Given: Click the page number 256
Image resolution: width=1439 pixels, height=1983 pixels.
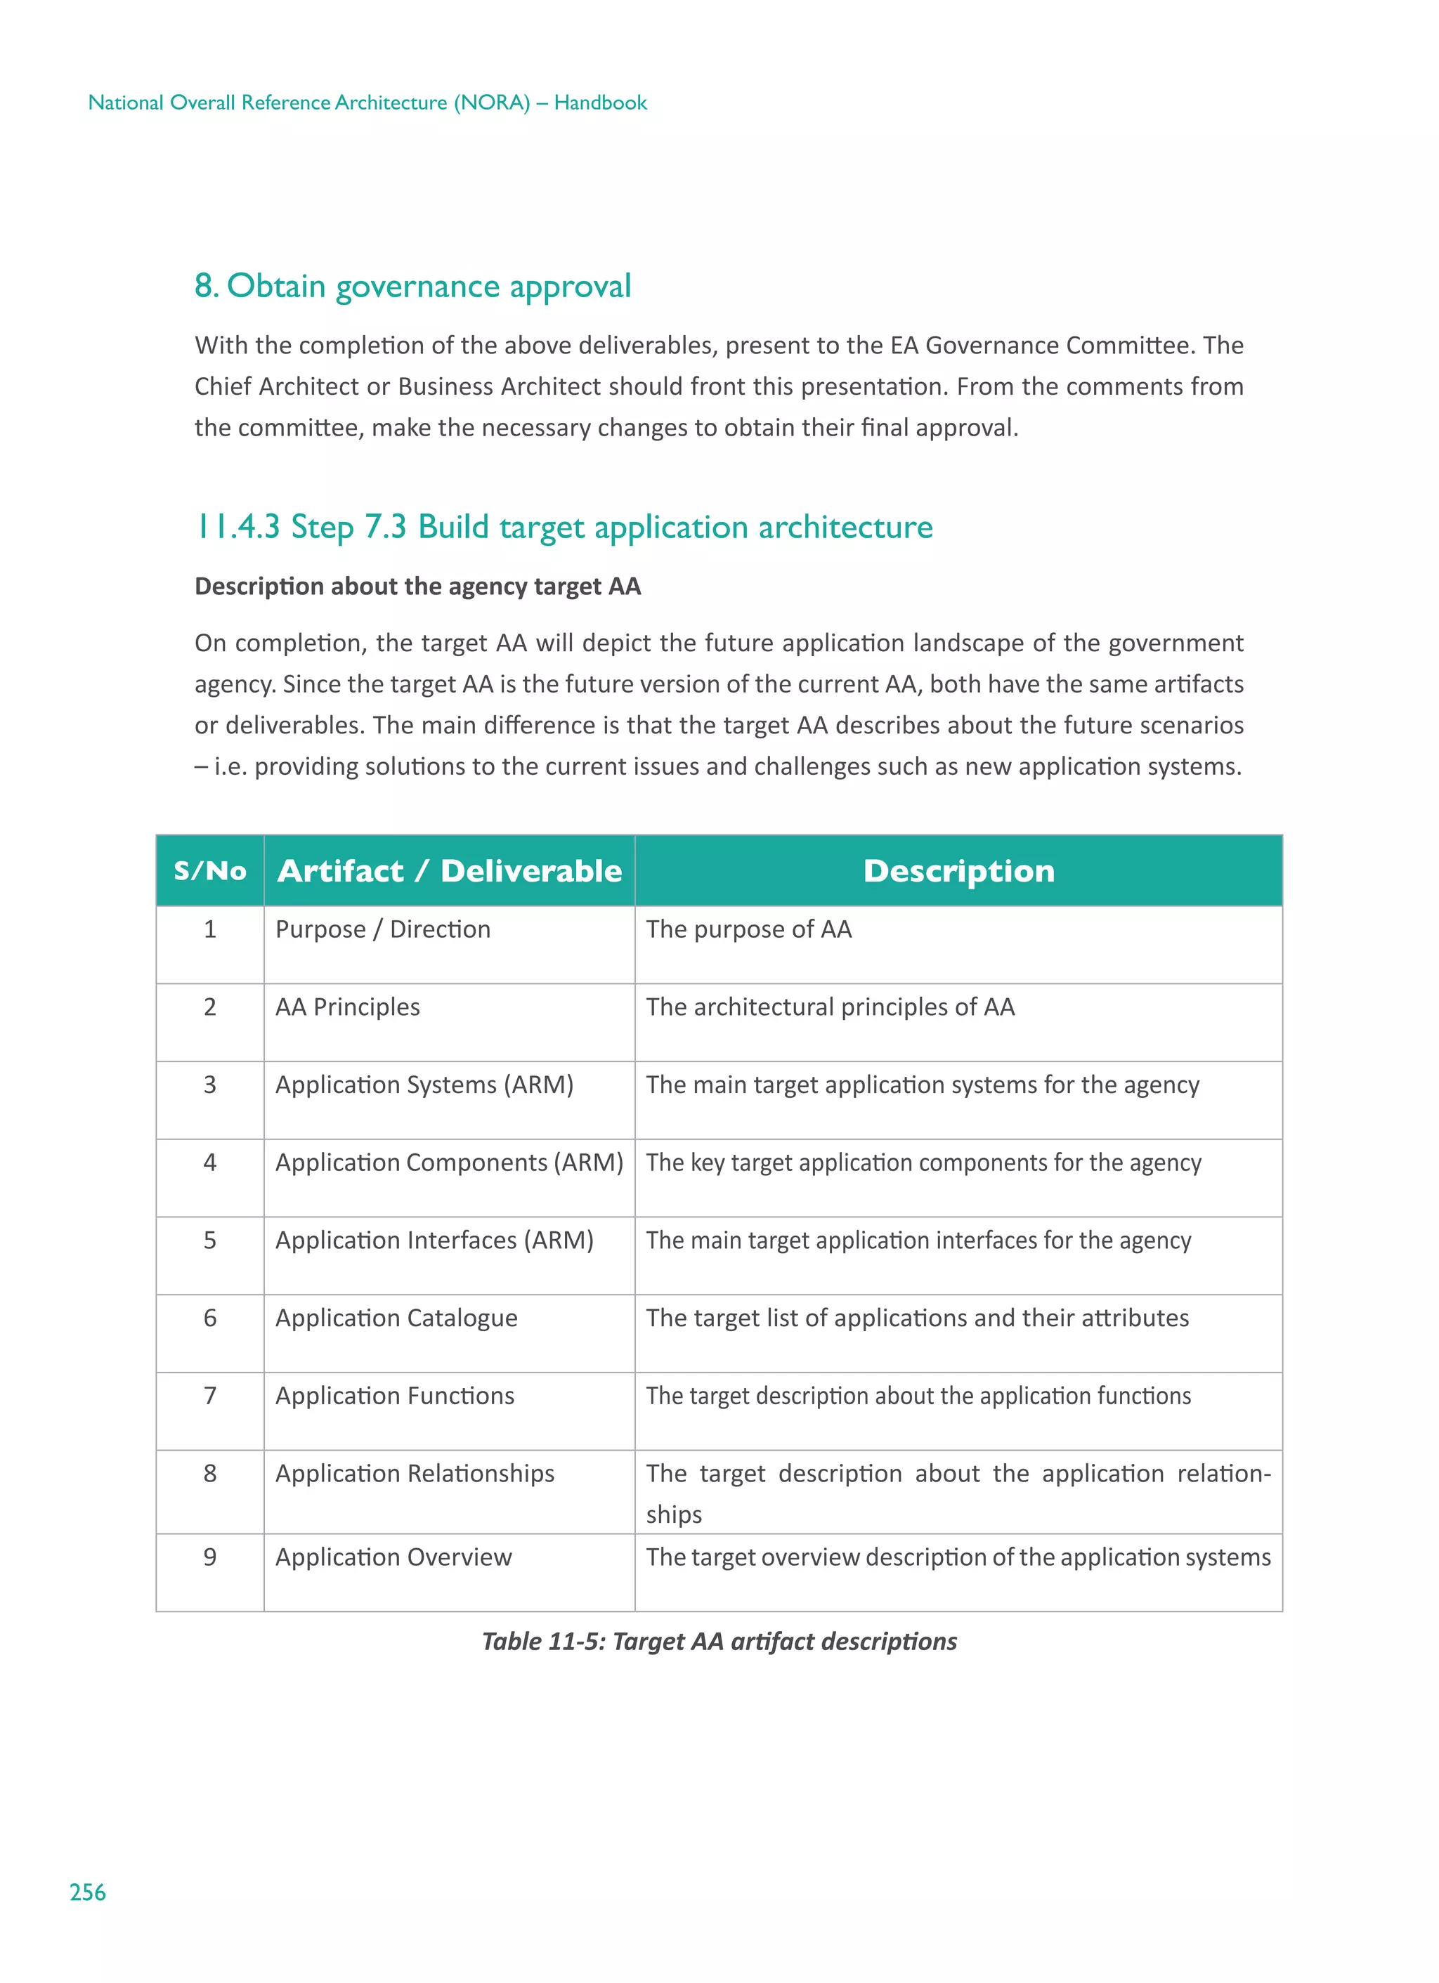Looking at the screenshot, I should pos(87,1892).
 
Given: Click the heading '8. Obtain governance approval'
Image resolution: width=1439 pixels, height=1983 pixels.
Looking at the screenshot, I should pos(412,287).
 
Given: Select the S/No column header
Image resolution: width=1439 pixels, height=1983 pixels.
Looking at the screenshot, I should pos(210,871).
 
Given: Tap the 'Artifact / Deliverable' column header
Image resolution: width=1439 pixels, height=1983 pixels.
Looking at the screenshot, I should pos(449,871).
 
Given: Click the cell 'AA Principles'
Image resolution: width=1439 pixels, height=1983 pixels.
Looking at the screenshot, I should pos(347,1007).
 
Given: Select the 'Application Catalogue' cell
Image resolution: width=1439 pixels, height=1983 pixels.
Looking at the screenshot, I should pos(396,1318).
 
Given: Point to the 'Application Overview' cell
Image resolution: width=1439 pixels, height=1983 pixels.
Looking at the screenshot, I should pos(393,1557).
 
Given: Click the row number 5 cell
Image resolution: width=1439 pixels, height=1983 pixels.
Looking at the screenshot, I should pos(210,1241).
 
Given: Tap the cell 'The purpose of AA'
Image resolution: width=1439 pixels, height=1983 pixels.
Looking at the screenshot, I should pos(749,929).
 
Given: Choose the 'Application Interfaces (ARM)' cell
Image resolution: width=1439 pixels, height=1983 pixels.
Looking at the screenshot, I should pos(434,1241).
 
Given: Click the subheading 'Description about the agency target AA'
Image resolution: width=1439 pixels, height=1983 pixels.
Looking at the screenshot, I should pos(417,586).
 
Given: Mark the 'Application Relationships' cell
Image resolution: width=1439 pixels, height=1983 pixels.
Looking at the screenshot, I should pos(415,1474).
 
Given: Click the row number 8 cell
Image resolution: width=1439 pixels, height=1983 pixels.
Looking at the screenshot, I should pos(210,1474).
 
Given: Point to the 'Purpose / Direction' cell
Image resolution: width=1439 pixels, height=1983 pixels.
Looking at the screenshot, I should pos(382,929).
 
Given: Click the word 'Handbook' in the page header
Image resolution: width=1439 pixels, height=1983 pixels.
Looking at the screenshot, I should pos(600,103).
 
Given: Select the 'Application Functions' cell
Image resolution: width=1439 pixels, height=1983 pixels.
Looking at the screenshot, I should pos(394,1396).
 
